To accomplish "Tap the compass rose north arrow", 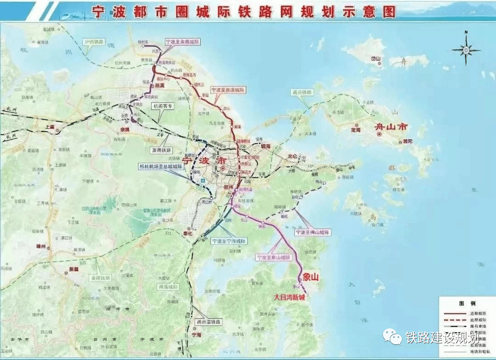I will (466, 49).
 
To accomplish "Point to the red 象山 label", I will (310, 277).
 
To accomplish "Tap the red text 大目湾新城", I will (289, 297).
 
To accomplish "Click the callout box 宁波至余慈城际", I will (182, 42).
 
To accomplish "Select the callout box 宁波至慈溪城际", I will (228, 90).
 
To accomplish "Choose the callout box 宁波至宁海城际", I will (229, 241).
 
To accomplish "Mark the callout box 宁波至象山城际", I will (274, 258).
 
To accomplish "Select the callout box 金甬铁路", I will (100, 278).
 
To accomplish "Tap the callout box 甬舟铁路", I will (302, 92).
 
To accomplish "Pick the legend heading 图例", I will (463, 304).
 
